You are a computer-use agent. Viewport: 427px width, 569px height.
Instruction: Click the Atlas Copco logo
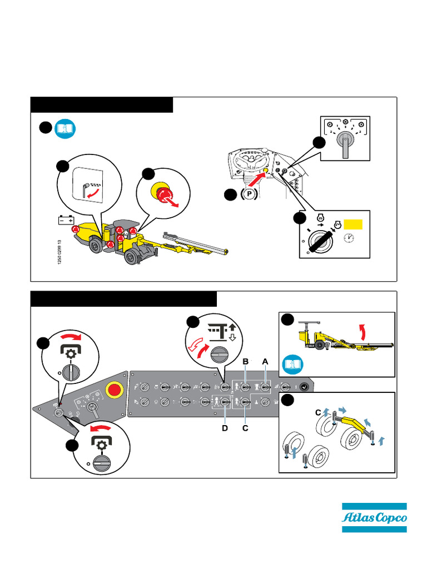(x=374, y=518)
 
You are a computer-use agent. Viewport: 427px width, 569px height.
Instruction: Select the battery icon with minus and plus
(x=67, y=220)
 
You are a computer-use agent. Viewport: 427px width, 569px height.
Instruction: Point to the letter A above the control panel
(x=265, y=362)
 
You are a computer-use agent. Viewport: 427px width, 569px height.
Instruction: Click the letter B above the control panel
(x=245, y=362)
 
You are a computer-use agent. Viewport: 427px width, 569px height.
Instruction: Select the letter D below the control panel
(x=225, y=428)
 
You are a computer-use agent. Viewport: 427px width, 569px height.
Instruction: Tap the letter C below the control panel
(x=245, y=428)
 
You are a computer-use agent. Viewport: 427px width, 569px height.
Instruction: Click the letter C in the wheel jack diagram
(x=318, y=412)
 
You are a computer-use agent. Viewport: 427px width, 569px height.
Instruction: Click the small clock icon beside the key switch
(x=349, y=238)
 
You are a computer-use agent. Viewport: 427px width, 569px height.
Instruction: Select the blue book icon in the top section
(x=66, y=128)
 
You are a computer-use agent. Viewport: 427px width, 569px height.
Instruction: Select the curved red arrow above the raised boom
(x=363, y=332)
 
